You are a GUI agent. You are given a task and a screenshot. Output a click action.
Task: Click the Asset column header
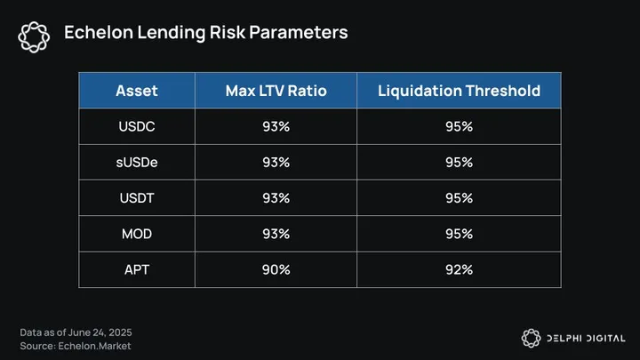137,91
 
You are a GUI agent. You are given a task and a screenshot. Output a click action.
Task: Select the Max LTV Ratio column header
276,91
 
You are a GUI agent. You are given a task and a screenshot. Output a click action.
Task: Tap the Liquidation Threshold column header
459,91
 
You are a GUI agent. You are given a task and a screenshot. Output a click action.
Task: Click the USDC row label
137,126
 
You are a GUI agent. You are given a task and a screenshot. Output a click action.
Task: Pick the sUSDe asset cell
137,162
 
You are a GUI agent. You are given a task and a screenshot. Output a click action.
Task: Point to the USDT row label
137,198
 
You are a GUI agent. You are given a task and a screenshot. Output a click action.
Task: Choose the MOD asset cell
137,234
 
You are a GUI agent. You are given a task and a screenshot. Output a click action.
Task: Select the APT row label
137,269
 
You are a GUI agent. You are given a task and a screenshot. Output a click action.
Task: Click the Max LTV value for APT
276,269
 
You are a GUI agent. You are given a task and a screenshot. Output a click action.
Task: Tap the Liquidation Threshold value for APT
459,269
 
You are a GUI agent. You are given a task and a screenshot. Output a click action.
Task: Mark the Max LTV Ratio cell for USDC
276,126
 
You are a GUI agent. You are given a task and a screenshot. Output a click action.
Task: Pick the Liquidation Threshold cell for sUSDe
459,162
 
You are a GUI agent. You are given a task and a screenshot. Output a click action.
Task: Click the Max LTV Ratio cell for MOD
276,234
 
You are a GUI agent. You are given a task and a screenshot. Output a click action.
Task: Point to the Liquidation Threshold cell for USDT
459,198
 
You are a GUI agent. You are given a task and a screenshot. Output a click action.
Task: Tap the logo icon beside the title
34,34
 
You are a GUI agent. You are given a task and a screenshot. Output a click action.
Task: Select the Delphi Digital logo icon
531,338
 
